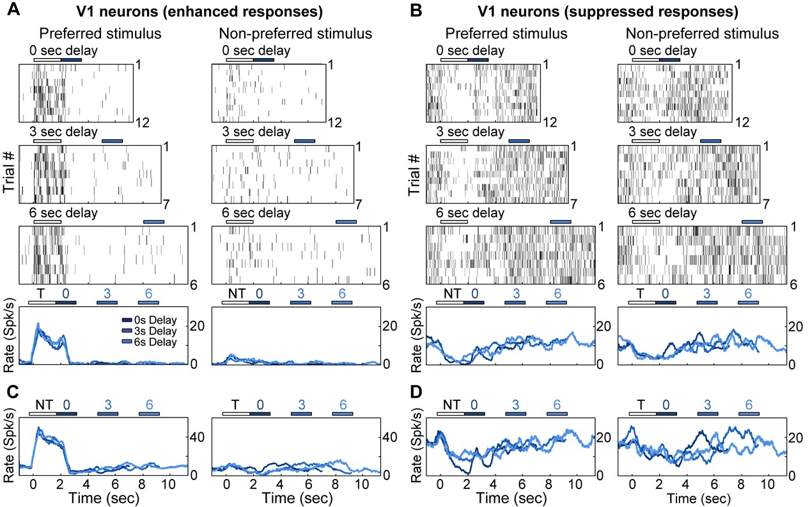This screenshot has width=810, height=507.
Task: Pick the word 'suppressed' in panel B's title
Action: coord(610,11)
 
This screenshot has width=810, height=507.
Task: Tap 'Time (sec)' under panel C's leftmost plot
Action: coord(102,497)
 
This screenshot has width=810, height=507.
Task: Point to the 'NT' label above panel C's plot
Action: coord(43,403)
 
